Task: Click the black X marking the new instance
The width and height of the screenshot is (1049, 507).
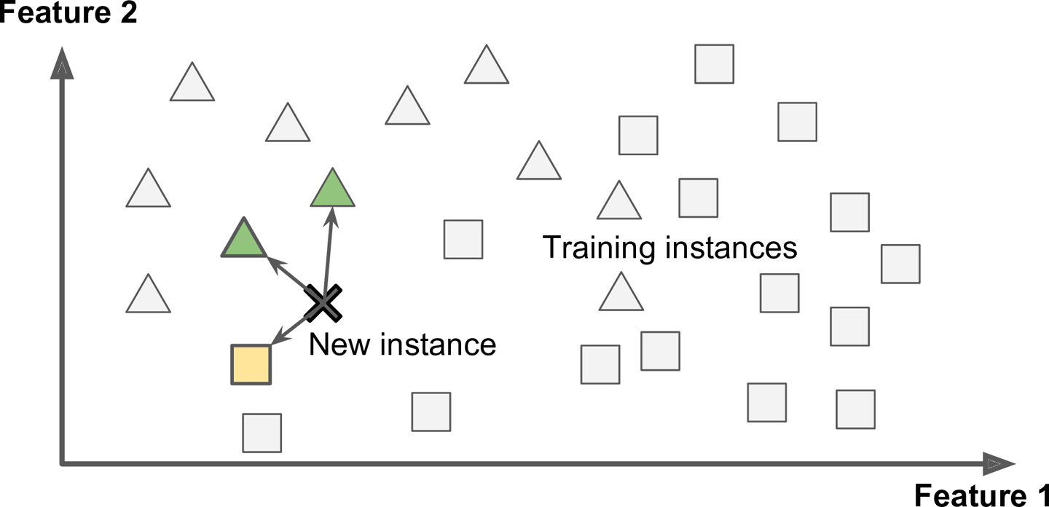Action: click(x=323, y=302)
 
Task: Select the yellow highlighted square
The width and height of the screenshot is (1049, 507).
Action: click(x=251, y=364)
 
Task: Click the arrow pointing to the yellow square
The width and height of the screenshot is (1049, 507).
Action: click(x=288, y=329)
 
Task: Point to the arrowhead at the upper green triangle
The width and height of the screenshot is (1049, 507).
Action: click(x=331, y=215)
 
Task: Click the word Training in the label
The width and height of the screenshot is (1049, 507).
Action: click(x=597, y=248)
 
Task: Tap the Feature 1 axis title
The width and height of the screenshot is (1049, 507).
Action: click(x=981, y=494)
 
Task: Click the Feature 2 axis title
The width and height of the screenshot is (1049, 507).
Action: click(x=68, y=12)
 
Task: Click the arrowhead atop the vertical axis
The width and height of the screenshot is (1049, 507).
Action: click(x=63, y=64)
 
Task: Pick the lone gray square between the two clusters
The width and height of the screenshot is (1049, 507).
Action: click(x=463, y=239)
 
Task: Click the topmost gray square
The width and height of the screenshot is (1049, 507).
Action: click(x=714, y=63)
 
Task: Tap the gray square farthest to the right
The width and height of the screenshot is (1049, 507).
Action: click(x=900, y=264)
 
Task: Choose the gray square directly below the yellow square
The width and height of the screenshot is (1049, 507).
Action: click(x=262, y=433)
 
